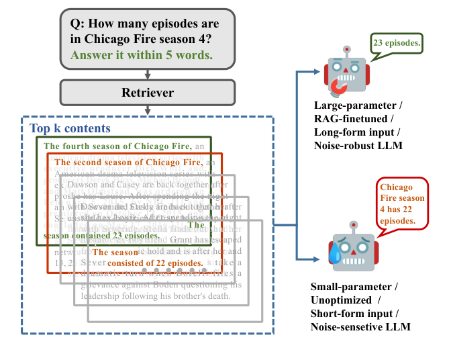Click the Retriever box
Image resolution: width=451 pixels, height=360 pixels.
point(147,92)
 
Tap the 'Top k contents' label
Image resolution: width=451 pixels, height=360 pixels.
point(70,128)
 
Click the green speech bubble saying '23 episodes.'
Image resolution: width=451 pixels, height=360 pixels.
point(397,44)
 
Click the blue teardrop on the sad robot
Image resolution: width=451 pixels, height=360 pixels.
point(334,254)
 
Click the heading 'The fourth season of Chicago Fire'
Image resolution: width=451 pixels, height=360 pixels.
point(116,146)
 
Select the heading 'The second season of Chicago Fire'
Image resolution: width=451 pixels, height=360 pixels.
point(128,162)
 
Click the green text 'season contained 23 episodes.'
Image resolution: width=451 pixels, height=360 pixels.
point(101,236)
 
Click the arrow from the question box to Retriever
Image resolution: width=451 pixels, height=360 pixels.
point(147,75)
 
